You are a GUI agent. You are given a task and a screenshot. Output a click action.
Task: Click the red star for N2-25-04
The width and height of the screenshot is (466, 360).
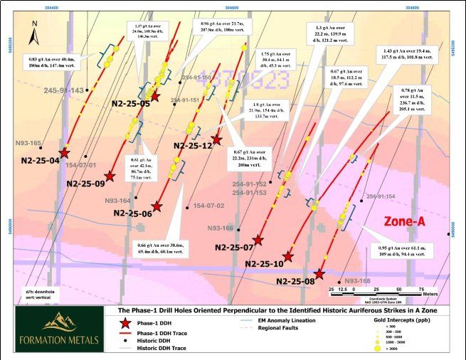[x=65, y=152]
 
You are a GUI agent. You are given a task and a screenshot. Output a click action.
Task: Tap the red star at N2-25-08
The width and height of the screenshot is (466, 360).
[x=319, y=274]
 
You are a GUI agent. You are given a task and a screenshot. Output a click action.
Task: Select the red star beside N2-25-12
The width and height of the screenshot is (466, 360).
[x=217, y=141]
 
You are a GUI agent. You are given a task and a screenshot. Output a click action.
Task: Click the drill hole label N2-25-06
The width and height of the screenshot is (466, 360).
[x=133, y=213]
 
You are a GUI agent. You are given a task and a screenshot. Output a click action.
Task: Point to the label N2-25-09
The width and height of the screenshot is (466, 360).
[x=85, y=184]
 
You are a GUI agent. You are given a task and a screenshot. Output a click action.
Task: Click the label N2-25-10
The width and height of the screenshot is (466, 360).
[x=265, y=264]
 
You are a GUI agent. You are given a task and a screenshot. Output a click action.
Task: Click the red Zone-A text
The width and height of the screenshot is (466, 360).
[x=405, y=222]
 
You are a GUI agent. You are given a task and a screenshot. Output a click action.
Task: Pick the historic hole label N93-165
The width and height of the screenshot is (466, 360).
[x=28, y=143]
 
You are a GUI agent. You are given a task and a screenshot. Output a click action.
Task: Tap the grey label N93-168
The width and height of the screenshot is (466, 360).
[x=356, y=281]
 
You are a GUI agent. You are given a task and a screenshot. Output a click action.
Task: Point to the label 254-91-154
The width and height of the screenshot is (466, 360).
[x=380, y=196]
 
